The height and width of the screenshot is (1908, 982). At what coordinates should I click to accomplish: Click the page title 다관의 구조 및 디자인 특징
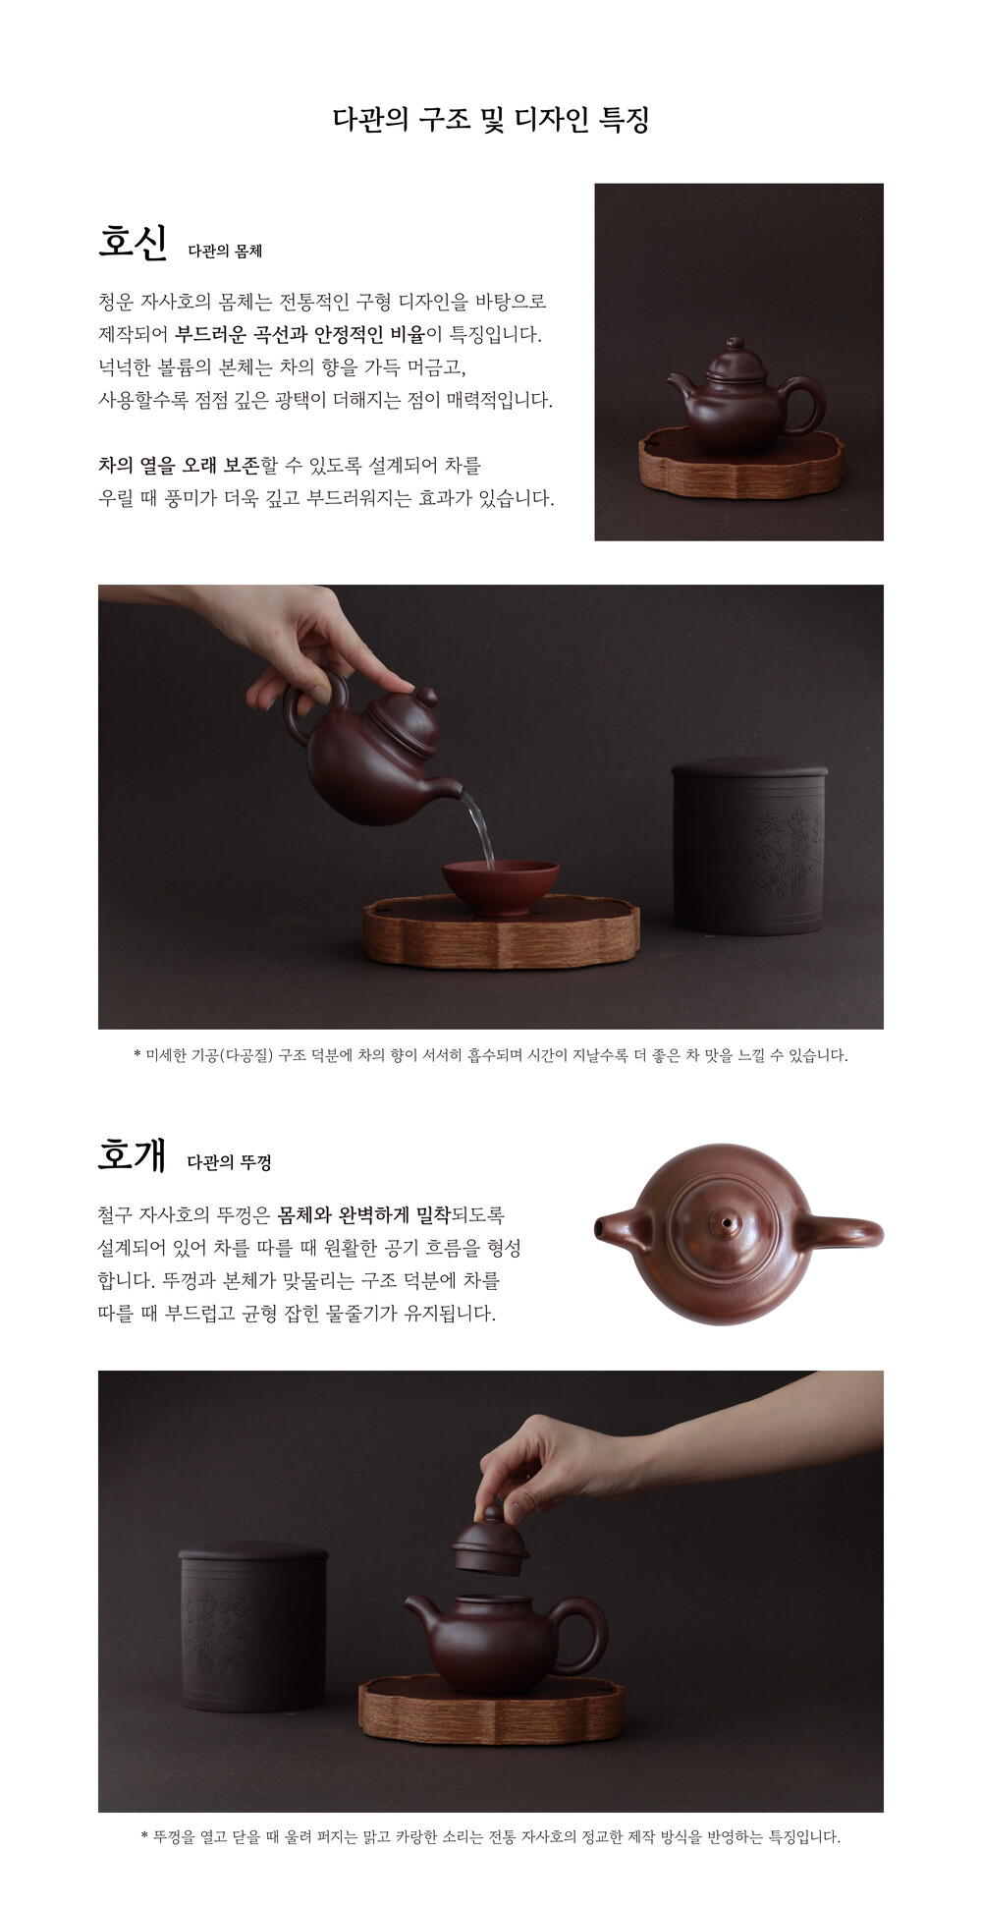[491, 120]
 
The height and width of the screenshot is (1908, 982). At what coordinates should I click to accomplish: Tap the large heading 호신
[133, 242]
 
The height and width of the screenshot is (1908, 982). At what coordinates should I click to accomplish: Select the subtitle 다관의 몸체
[225, 251]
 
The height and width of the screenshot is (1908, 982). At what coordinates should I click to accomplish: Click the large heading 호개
[132, 1154]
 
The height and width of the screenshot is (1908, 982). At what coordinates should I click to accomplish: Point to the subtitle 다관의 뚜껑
[229, 1162]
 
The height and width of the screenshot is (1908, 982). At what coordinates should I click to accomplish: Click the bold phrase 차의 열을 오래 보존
[179, 465]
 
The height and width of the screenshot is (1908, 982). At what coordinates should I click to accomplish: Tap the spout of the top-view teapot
[618, 1228]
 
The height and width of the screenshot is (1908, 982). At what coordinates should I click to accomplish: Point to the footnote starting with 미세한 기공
[490, 1055]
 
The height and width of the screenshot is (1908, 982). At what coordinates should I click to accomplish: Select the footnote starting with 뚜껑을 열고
[491, 1836]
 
